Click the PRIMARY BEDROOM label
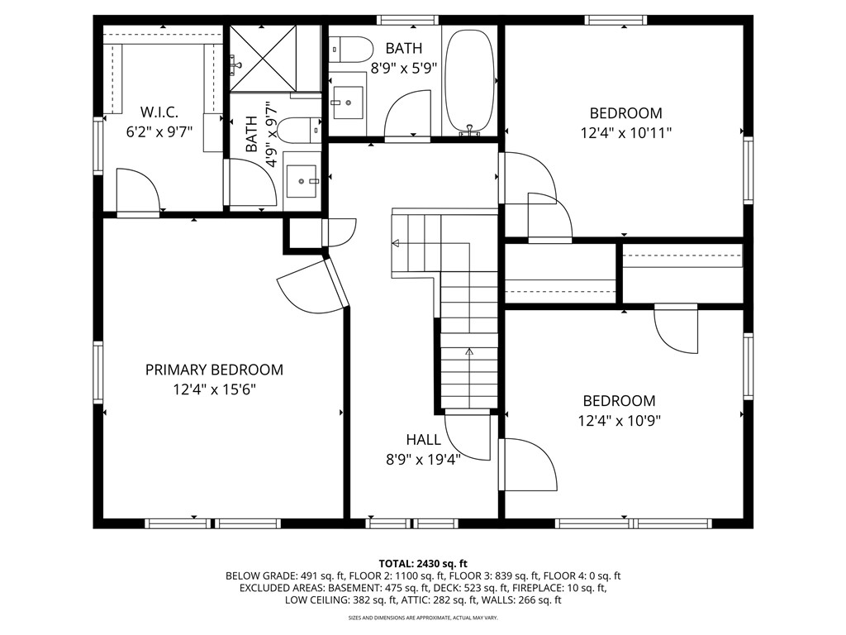[x=214, y=370]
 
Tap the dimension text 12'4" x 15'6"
[x=214, y=389]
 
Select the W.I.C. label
[x=159, y=112]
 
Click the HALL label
[x=422, y=440]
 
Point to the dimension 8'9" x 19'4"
[x=422, y=460]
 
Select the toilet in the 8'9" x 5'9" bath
[x=348, y=50]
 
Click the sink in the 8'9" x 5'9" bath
[x=348, y=102]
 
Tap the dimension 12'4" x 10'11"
[x=625, y=132]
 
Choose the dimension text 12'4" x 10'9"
[x=619, y=420]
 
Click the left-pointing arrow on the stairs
[x=396, y=243]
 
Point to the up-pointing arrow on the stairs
[x=469, y=351]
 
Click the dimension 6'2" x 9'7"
[x=159, y=131]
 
